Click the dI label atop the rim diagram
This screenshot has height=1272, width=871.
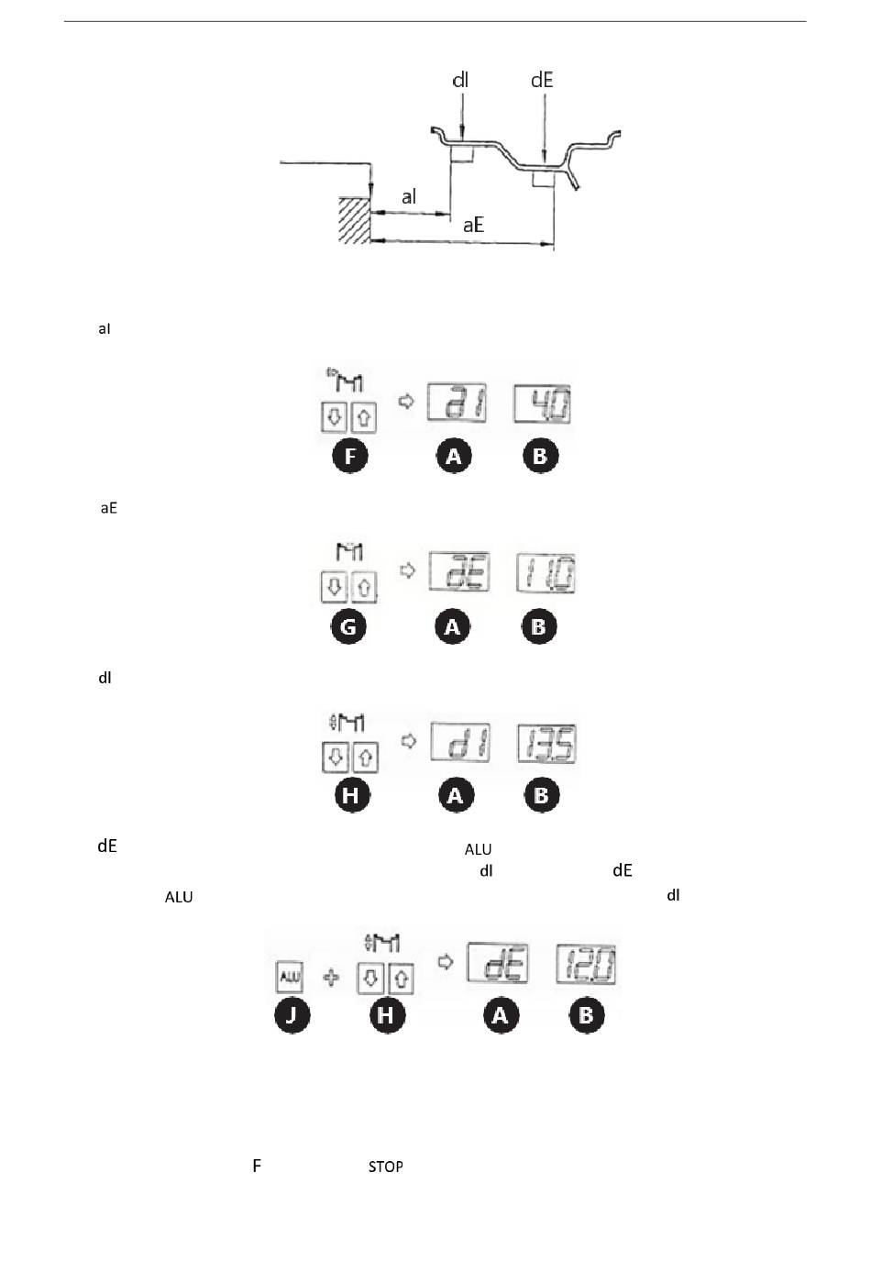point(460,81)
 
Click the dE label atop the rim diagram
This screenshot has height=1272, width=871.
point(542,81)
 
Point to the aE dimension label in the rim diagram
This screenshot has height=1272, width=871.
point(473,225)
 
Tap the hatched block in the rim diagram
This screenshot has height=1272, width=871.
point(354,220)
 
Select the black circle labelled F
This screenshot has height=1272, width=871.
point(350,456)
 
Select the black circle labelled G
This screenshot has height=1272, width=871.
point(348,627)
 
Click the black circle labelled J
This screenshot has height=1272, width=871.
point(292,1015)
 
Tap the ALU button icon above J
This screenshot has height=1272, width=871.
point(289,978)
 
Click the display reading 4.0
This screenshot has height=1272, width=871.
point(543,404)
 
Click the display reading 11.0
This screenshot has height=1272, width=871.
point(546,574)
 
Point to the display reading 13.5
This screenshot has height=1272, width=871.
point(546,743)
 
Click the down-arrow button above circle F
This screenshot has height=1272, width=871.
point(334,418)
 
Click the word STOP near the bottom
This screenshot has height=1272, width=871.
point(386,1167)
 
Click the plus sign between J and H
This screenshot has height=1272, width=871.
point(332,979)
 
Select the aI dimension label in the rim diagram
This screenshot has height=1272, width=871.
point(409,197)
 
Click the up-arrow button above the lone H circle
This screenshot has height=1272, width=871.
point(365,758)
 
